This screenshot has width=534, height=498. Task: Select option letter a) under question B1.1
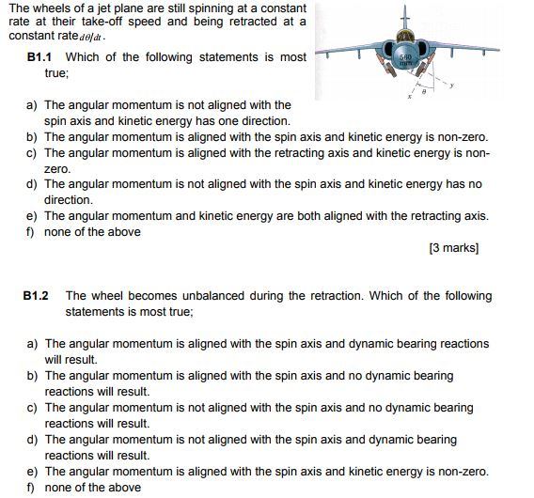click(32, 105)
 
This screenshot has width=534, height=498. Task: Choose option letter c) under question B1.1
click(32, 152)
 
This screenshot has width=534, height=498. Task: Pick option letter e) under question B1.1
click(32, 215)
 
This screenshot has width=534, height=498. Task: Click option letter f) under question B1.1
click(31, 231)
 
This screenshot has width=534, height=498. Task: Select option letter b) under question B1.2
click(32, 376)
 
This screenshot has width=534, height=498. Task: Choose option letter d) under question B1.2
click(32, 439)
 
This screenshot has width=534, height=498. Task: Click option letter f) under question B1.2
click(31, 487)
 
